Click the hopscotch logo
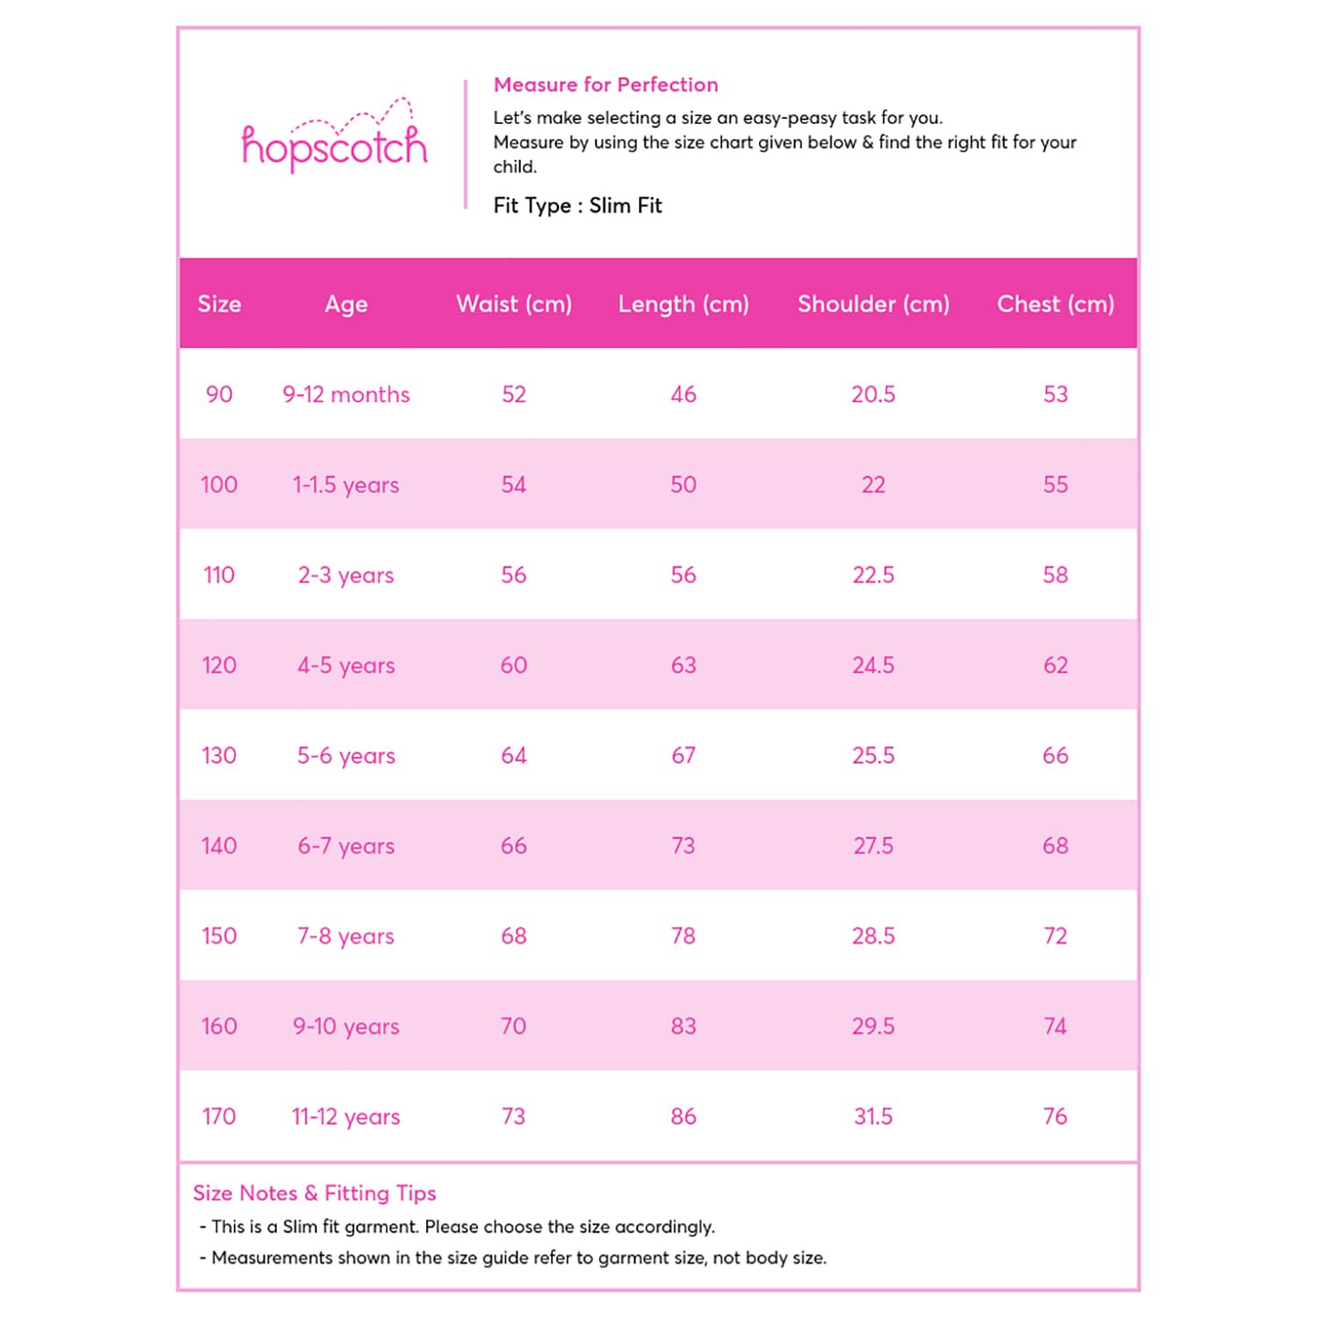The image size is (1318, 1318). point(334,141)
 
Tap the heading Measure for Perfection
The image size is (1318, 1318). point(605,85)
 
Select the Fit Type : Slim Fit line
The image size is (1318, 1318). point(577,206)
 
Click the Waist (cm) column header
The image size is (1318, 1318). point(514,304)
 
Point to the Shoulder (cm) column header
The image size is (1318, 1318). point(873,304)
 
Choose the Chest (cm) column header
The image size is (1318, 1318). point(1055,304)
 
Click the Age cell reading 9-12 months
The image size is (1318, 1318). point(346,395)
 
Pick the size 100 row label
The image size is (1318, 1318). point(219,485)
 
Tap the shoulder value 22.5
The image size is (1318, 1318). point(873,576)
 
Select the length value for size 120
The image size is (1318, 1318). point(684,665)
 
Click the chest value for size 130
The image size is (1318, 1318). point(1055,756)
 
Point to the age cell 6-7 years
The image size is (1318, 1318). point(346,846)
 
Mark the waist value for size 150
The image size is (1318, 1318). point(514,936)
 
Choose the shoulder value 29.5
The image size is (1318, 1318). point(873,1026)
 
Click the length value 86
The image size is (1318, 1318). point(684,1117)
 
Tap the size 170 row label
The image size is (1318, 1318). point(219,1117)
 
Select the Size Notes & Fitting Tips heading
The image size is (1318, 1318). point(315,1193)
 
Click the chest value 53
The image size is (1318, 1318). point(1055,395)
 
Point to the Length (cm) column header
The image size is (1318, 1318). point(684,304)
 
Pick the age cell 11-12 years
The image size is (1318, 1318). point(346,1117)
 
